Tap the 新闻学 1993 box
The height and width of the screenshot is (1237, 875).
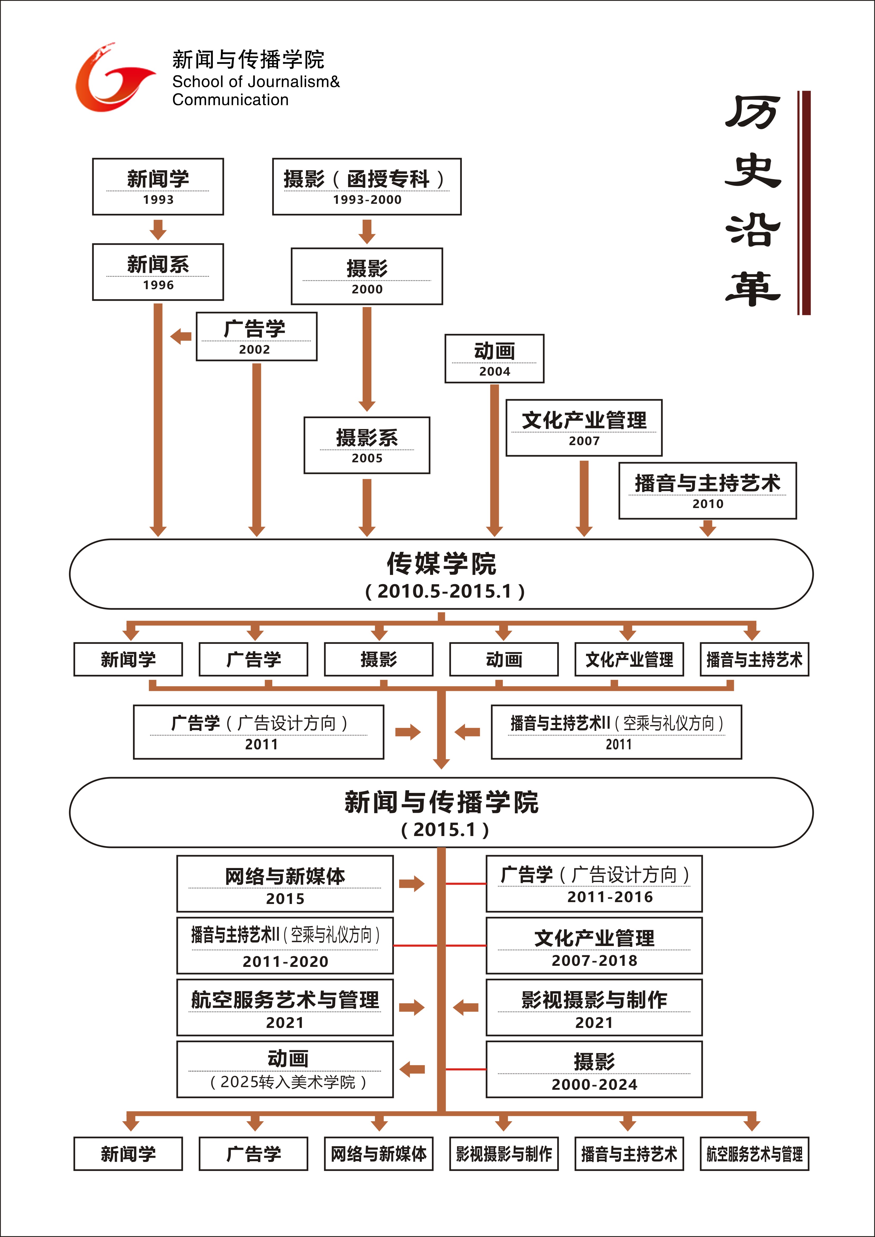tap(158, 186)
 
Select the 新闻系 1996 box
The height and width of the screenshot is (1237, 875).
tap(158, 272)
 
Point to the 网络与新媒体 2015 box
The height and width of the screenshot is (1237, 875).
tap(285, 884)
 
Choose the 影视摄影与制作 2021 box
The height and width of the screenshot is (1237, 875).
tap(594, 1008)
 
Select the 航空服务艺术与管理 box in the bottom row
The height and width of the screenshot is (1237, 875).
tap(754, 1154)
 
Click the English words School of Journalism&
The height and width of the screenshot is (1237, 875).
tap(256, 82)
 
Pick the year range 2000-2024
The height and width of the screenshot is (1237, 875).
tap(594, 1084)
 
